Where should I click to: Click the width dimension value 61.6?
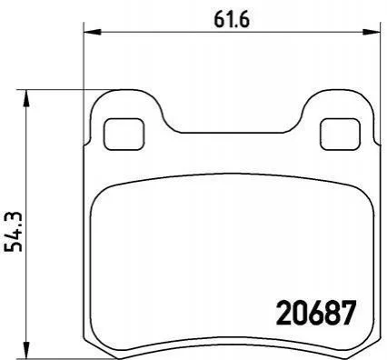[232, 20]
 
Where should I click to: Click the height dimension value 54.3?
[14, 232]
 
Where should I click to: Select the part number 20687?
[315, 313]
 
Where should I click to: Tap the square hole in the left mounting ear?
[124, 134]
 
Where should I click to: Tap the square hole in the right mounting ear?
[341, 135]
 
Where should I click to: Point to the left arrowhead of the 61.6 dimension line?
[92, 31]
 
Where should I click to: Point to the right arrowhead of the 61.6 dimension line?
[372, 31]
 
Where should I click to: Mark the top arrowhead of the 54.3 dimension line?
[26, 98]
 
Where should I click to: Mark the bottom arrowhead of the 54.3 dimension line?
[26, 350]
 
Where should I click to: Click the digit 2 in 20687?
[284, 313]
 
